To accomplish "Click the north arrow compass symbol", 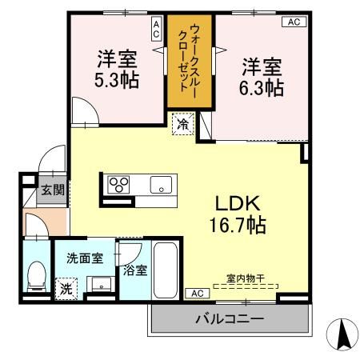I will click(344, 334).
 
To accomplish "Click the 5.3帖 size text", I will click(117, 80).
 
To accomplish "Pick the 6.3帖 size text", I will click(263, 87).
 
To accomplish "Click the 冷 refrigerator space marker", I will click(183, 124).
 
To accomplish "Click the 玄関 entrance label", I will click(54, 190).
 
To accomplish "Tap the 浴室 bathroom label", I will click(134, 270).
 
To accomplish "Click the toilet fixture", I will click(35, 278).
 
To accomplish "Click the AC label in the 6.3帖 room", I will click(293, 22).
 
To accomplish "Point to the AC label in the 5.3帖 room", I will click(156, 30).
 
